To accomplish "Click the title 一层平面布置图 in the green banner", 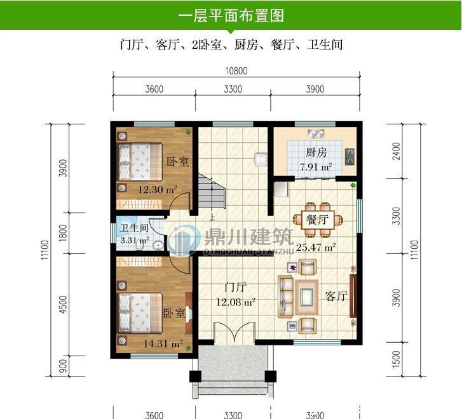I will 231,15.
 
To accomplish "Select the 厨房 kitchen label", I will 316,152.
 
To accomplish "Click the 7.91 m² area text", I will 316,168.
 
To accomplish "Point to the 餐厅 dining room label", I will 316,220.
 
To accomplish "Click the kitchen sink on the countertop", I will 316,133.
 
